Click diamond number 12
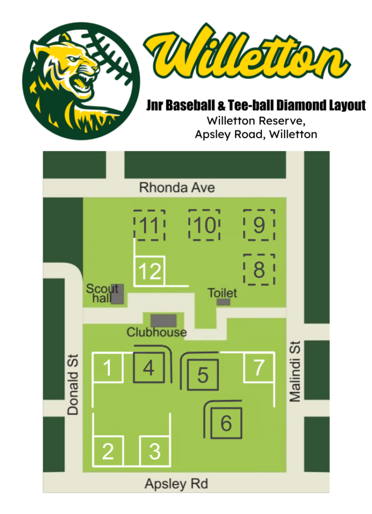tap(150, 271)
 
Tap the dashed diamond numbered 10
tap(204, 225)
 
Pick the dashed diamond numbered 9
tap(259, 225)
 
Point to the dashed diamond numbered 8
tap(259, 270)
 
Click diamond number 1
tap(108, 368)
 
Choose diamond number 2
tap(108, 451)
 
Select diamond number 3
tap(154, 451)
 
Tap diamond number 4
tap(148, 368)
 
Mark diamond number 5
tap(203, 374)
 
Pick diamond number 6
tap(226, 423)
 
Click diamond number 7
tap(259, 367)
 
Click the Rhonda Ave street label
tap(177, 188)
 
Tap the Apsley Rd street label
tap(176, 484)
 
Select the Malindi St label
tap(296, 372)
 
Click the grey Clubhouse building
tap(163, 320)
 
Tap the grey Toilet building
tap(224, 302)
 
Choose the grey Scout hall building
tap(117, 294)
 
